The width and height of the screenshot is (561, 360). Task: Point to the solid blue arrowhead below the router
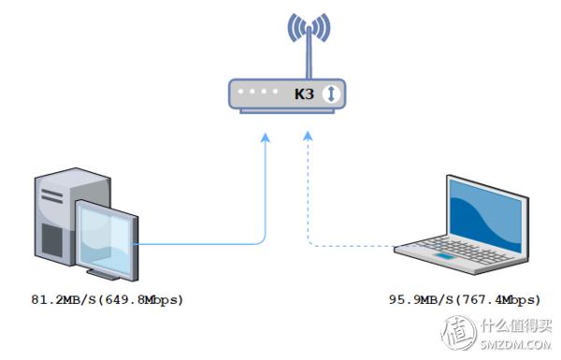pyautogui.click(x=266, y=138)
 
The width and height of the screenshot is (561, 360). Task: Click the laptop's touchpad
pyautogui.click(x=447, y=254)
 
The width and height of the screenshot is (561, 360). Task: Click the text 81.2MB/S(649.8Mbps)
pyautogui.click(x=107, y=300)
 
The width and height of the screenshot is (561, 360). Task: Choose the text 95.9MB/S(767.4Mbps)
pyautogui.click(x=465, y=300)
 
